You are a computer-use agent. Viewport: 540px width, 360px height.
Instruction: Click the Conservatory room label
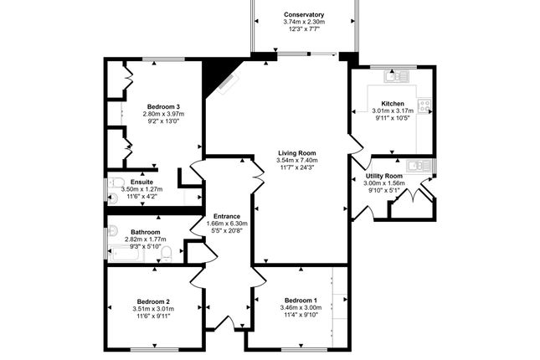point(304,14)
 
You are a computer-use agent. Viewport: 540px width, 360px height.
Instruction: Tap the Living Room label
point(297,153)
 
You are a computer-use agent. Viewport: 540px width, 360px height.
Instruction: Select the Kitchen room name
point(393,103)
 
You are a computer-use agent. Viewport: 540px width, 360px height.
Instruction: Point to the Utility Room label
point(384,176)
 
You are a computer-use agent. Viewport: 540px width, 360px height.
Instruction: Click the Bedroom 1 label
point(301,301)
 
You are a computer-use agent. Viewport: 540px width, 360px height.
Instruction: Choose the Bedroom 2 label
point(153,301)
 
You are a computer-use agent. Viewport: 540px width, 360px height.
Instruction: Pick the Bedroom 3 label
point(163,107)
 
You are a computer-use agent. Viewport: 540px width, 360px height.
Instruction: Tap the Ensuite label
point(141,182)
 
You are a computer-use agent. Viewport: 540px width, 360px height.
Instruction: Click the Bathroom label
point(146,232)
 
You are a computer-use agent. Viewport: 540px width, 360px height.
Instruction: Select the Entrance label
point(227,216)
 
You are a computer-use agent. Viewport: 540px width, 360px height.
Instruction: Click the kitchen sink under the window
point(396,76)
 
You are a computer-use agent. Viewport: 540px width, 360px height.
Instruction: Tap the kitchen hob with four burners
point(424,105)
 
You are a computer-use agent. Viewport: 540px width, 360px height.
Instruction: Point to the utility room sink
point(418,166)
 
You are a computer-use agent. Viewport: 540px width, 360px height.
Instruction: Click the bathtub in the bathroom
point(125,254)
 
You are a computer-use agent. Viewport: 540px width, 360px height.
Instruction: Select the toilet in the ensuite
point(115,182)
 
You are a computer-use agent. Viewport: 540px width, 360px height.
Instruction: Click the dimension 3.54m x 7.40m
point(297,160)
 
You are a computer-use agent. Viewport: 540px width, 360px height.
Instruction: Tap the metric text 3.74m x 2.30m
point(304,22)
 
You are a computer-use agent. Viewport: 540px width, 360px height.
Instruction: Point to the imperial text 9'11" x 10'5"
point(393,118)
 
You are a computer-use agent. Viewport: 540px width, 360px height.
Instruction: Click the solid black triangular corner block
point(217,76)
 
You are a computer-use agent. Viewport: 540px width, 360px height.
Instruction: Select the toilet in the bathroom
point(166,253)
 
